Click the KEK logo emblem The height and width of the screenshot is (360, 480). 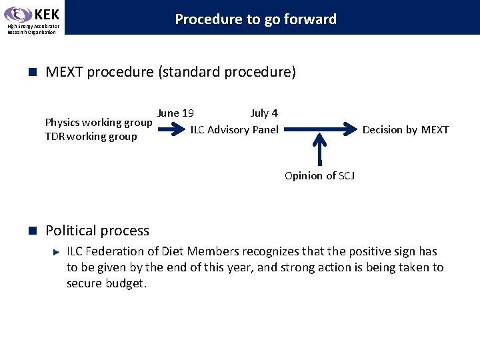click(17, 15)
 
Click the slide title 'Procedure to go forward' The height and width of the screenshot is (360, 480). click(255, 19)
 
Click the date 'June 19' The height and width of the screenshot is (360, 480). click(176, 113)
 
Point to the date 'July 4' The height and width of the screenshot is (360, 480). click(264, 113)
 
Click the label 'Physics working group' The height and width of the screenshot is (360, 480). click(98, 122)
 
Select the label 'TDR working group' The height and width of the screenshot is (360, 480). click(91, 137)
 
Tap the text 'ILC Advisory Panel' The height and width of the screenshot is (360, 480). click(235, 129)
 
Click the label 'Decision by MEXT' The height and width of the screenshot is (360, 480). click(405, 129)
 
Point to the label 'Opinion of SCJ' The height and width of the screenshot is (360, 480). click(319, 175)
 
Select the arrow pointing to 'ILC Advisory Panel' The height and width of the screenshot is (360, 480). click(171, 129)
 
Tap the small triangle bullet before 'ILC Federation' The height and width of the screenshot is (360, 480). click(57, 252)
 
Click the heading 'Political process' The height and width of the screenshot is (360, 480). click(97, 231)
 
